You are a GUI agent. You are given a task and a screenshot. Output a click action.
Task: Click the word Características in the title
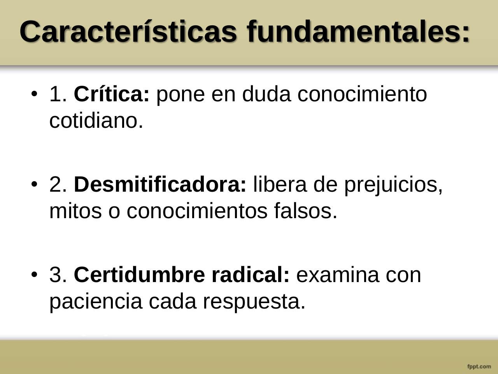(128, 31)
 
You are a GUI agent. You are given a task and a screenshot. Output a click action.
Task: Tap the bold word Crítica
(111, 94)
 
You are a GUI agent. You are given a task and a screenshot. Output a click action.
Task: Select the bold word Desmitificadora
(160, 184)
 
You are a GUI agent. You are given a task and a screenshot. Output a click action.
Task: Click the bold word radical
(251, 275)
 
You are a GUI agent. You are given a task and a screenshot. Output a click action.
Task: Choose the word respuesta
(254, 302)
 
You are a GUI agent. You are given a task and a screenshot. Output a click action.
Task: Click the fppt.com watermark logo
(479, 366)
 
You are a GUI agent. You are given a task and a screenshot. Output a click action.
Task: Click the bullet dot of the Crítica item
(35, 94)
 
